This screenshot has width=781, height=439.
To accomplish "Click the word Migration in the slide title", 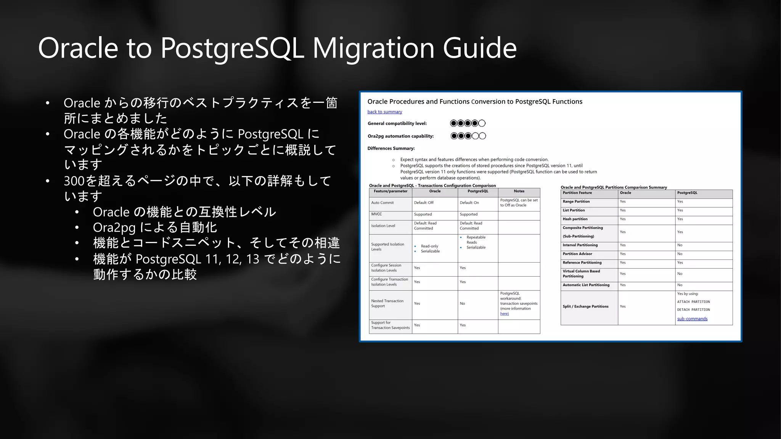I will [374, 48].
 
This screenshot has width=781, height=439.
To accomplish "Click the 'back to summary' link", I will [384, 112].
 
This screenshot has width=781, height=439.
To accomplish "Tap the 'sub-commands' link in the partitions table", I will [692, 319].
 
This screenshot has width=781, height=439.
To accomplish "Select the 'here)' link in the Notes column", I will [504, 314].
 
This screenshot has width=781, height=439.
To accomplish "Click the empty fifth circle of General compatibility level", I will [482, 123].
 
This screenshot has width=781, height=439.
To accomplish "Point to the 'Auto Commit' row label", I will [382, 203].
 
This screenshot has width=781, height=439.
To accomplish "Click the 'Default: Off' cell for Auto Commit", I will [424, 203].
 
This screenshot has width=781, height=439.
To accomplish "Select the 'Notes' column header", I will [519, 191].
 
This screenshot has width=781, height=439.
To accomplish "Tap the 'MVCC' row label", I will [376, 214].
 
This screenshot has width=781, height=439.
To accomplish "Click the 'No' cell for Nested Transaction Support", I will [462, 304].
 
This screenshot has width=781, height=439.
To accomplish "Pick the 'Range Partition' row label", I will [576, 202].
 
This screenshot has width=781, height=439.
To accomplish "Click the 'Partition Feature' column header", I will [577, 193].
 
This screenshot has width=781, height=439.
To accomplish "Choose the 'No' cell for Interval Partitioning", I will [680, 245].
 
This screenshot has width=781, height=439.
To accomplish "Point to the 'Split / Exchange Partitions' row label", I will [585, 306].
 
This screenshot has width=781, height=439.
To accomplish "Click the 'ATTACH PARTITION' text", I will [693, 302].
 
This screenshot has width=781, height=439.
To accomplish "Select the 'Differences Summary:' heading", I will [391, 148].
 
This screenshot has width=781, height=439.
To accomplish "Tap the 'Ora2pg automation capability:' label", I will [400, 136].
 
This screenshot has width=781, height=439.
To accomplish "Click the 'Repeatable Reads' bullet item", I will [476, 240].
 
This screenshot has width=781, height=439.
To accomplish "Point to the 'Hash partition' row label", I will [575, 219].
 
